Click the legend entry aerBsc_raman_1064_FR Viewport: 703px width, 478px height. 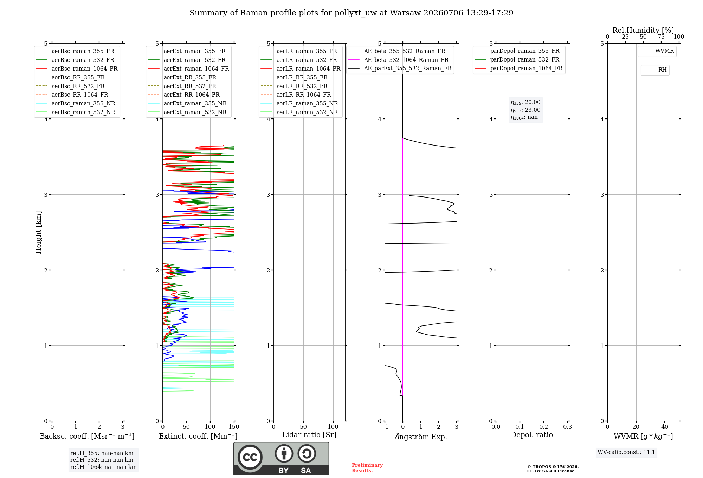[77, 69]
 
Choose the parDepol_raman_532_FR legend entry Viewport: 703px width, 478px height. [517, 60]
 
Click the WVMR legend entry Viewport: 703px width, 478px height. [657, 51]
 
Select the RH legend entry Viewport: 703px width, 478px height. [654, 70]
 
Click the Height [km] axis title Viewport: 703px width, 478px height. [39, 232]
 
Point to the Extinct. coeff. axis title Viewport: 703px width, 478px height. [198, 436]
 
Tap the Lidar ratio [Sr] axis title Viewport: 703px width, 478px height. [309, 435]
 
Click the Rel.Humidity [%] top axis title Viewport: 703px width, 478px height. [643, 30]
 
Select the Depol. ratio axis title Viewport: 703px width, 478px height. [532, 435]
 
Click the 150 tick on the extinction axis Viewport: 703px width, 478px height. [234, 427]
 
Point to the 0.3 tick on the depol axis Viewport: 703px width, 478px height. [568, 427]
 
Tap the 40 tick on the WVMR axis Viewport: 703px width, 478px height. [665, 427]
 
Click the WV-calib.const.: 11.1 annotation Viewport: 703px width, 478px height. [626, 452]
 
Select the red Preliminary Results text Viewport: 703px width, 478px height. [367, 468]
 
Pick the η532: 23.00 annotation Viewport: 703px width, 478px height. [525, 110]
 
